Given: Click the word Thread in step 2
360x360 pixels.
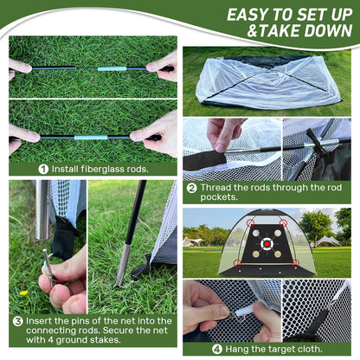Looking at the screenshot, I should tap(218, 187).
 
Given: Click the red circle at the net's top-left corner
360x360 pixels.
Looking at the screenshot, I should tap(250, 222).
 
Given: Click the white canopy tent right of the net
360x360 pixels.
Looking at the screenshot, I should tap(328, 240).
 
